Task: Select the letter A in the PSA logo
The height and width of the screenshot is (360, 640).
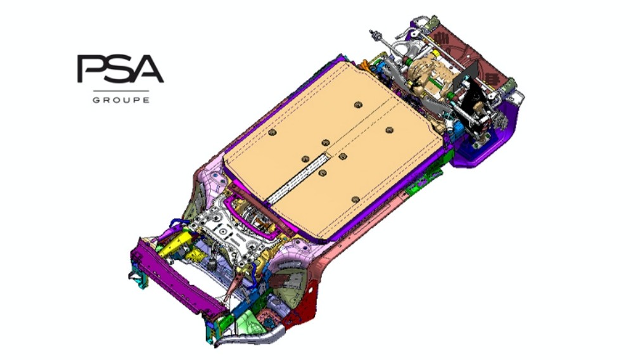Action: pyautogui.click(x=146, y=70)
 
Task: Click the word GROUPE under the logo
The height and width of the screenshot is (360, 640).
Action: pyautogui.click(x=121, y=100)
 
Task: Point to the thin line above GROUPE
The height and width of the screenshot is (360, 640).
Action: pyautogui.click(x=121, y=90)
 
